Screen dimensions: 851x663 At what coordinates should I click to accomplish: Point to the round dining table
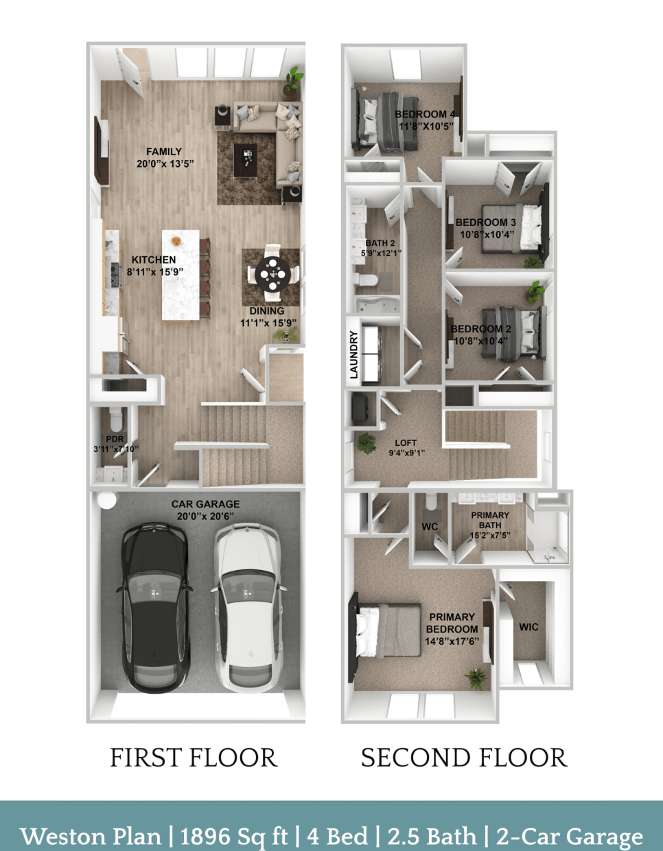[272, 275]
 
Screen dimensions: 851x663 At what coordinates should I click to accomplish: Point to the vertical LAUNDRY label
[354, 354]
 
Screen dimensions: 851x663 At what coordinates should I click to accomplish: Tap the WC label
[430, 527]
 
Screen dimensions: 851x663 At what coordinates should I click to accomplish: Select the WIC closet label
[528, 626]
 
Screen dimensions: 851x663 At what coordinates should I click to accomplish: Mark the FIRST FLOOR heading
[194, 758]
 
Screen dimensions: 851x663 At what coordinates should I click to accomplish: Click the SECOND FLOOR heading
[464, 758]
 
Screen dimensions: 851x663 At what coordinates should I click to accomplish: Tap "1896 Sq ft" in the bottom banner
[233, 836]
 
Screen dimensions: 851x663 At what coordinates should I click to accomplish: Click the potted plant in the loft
[366, 443]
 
